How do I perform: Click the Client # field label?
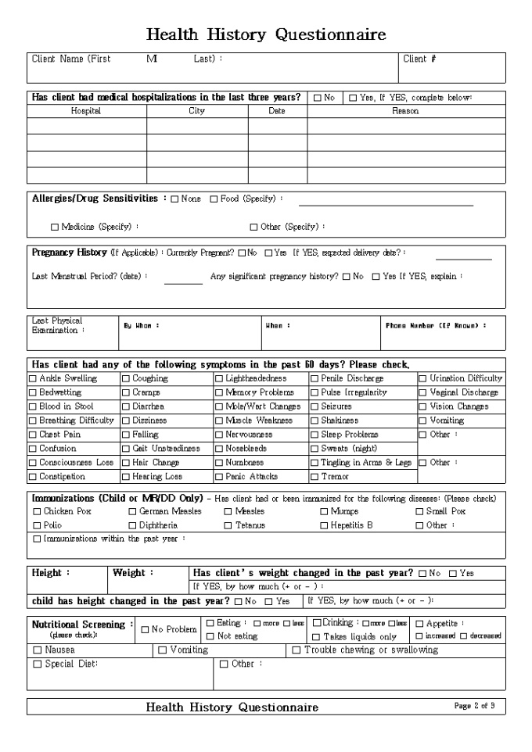coord(419,59)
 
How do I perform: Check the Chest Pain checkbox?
coord(33,435)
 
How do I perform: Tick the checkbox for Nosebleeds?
coord(219,449)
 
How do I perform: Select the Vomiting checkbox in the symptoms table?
coord(423,421)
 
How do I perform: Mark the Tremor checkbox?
coord(314,477)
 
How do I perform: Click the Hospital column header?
coord(86,111)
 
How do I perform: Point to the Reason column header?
coord(405,111)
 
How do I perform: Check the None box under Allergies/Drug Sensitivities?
coord(174,199)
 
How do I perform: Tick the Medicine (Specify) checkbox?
coord(55,227)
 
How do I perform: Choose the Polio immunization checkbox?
coord(37,526)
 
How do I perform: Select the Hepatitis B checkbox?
coord(324,526)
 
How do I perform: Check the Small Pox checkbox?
coord(419,512)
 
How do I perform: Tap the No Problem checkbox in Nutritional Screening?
coord(146,629)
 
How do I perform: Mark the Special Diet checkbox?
coord(37,664)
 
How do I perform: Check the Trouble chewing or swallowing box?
coord(297,650)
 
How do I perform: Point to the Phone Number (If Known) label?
coord(435,325)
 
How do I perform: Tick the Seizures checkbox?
coord(314,406)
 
